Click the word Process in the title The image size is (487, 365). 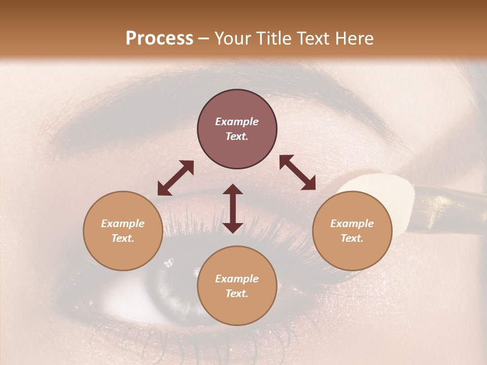[159, 39]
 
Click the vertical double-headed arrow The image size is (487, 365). [233, 208]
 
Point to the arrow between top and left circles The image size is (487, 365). [176, 178]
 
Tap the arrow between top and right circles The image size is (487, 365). [297, 172]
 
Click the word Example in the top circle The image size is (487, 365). [237, 122]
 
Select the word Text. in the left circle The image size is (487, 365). [123, 238]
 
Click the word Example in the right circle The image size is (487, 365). [352, 224]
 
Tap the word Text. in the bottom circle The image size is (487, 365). [237, 294]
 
